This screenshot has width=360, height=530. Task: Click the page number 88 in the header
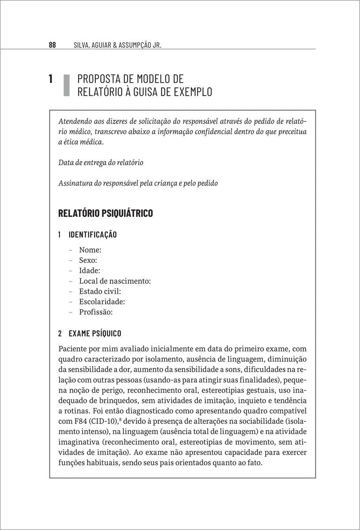click(52, 45)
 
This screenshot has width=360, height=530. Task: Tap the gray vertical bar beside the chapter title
click(67, 85)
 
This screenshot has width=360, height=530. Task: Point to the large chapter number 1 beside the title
click(51, 79)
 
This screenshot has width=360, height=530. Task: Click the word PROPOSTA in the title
click(98, 79)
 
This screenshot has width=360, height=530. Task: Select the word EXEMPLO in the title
click(191, 92)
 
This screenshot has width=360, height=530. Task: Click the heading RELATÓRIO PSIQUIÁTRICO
click(106, 213)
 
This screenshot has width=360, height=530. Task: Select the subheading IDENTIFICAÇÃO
click(93, 234)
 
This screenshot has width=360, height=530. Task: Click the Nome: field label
click(90, 250)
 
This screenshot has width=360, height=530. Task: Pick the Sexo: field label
click(88, 260)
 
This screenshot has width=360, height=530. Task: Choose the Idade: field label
click(89, 270)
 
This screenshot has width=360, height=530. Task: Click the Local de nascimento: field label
click(115, 281)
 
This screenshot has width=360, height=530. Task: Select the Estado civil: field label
click(100, 291)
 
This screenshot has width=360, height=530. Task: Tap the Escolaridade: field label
click(102, 302)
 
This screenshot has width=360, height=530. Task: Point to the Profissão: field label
click(96, 312)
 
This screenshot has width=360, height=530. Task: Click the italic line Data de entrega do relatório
click(101, 162)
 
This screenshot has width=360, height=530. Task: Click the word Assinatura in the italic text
click(73, 183)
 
